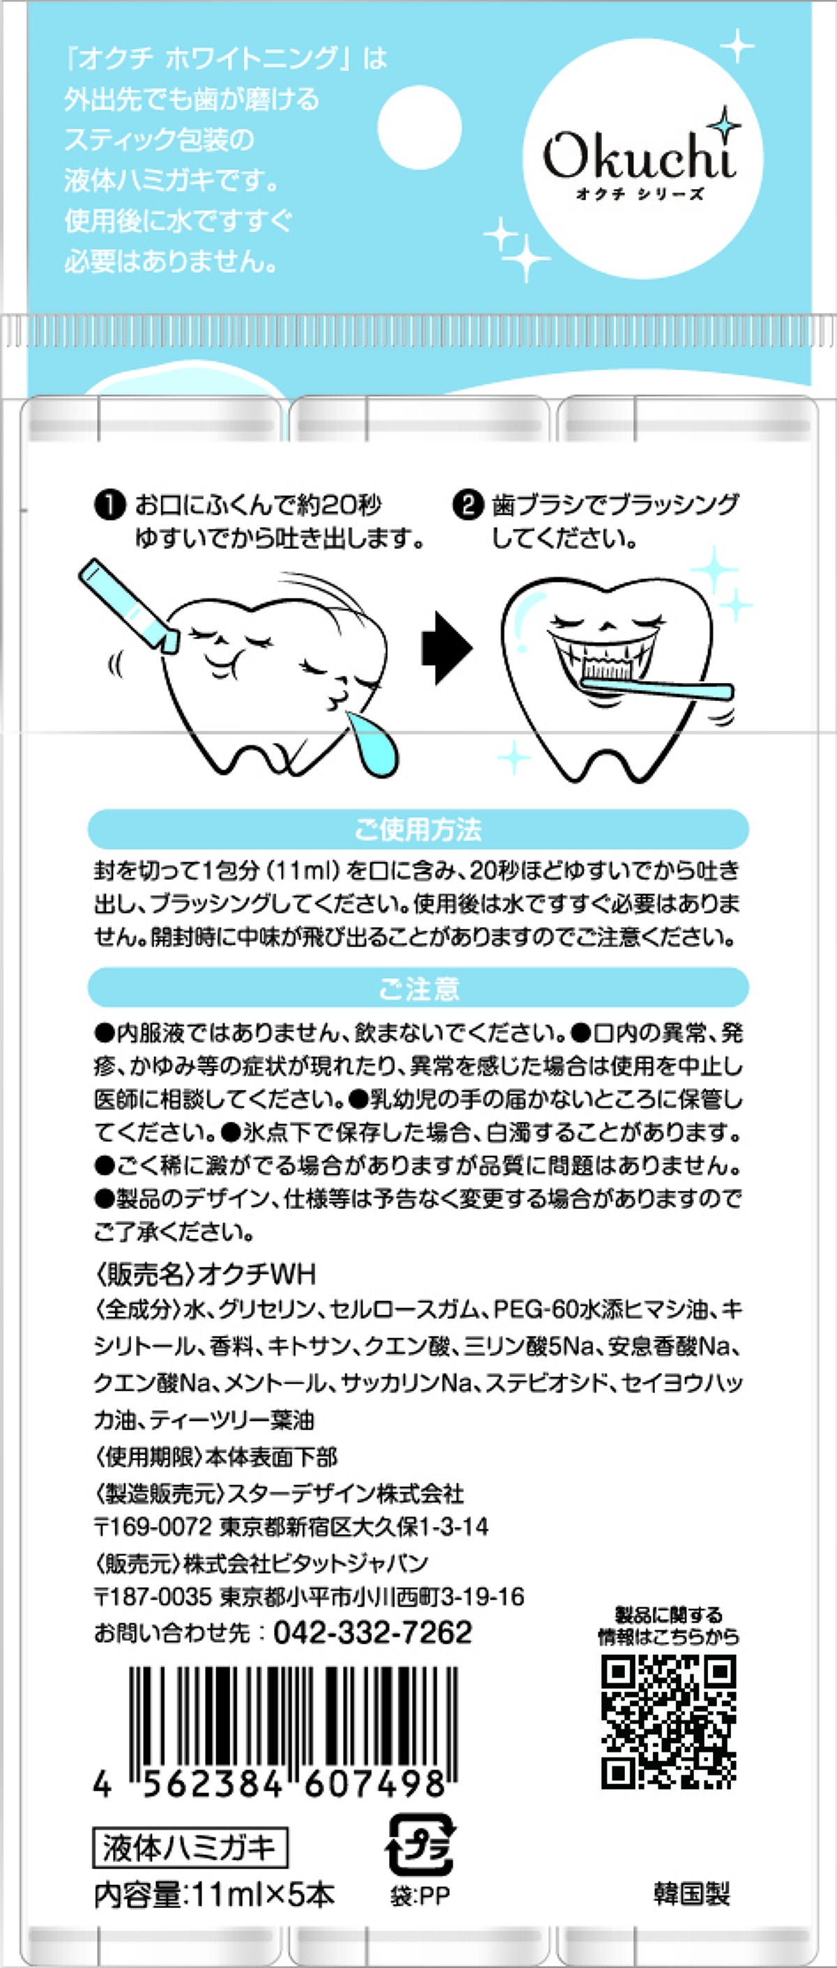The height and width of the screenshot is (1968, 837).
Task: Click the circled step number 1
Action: coord(110,506)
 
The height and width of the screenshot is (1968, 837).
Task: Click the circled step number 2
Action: coord(467,506)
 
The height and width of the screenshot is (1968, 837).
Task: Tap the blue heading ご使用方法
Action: coord(418,829)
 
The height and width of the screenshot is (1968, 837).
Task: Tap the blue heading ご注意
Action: coord(418,988)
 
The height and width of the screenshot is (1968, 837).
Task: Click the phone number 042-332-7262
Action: coord(372,1632)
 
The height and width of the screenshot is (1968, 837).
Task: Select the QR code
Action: coord(669,1722)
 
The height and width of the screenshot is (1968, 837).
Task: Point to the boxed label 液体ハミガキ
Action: coord(190,1849)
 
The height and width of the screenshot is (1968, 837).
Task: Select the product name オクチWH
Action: coord(257,1275)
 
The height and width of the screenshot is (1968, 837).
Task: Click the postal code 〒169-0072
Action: coord(152,1526)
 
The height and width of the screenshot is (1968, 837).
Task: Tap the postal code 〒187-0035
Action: coord(152,1597)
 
